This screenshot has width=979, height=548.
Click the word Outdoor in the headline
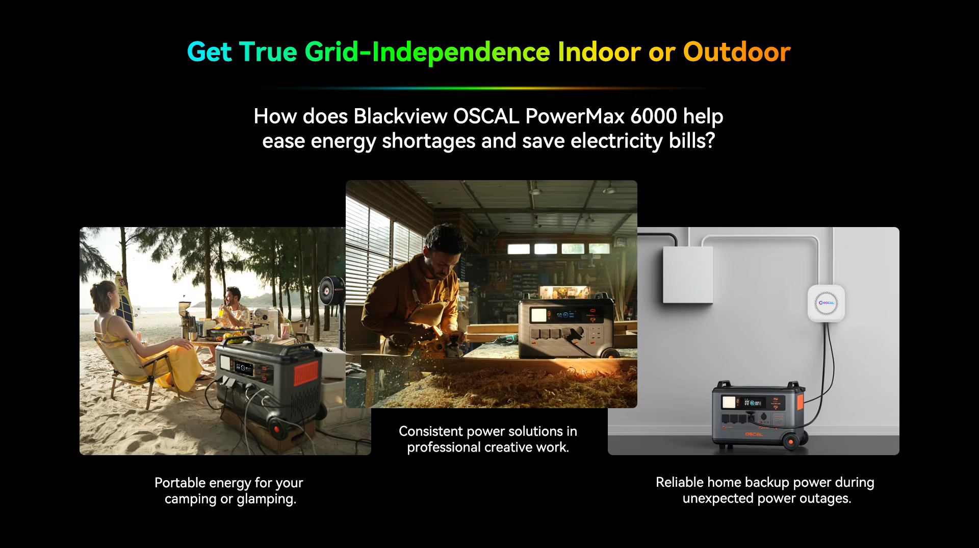(x=737, y=52)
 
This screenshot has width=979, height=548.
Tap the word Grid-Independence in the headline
(x=427, y=52)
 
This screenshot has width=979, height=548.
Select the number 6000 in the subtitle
(x=654, y=116)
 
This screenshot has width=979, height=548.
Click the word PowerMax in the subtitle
(x=575, y=116)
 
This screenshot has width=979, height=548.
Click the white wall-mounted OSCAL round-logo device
(x=826, y=303)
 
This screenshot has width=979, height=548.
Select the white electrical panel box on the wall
(x=688, y=275)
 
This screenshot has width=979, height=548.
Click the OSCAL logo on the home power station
(x=754, y=434)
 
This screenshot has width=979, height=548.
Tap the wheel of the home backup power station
(x=790, y=441)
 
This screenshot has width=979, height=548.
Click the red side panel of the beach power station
(x=306, y=374)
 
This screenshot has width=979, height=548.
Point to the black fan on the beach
(x=332, y=290)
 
